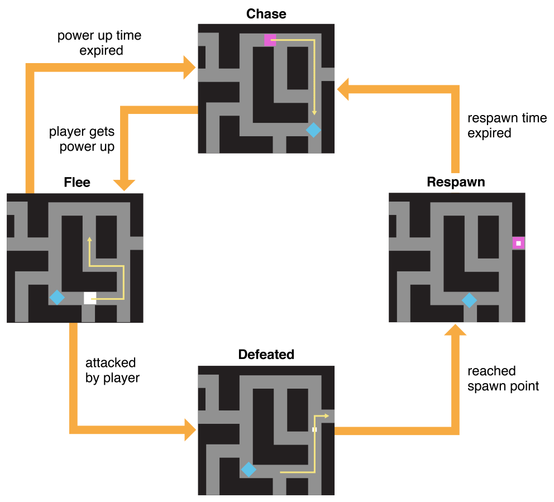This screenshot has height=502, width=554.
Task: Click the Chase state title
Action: [x=266, y=13]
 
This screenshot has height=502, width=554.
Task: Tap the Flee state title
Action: [x=78, y=182]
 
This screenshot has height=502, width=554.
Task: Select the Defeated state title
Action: [x=266, y=355]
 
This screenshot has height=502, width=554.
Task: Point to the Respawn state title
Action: [x=456, y=182]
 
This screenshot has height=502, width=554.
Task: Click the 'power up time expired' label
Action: [x=99, y=43]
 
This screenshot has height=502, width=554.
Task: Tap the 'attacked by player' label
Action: [x=112, y=370]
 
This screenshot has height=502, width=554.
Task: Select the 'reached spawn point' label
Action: [x=503, y=379]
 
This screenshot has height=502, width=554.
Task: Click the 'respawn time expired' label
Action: [x=507, y=126]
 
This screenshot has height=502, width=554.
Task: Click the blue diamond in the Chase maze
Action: [x=314, y=130]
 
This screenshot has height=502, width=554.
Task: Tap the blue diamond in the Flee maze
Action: [x=56, y=298]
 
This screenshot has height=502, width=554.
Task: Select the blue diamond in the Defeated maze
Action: [x=249, y=469]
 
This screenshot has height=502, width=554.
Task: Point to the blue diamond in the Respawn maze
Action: [x=469, y=300]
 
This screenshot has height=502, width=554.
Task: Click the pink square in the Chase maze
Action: [x=270, y=40]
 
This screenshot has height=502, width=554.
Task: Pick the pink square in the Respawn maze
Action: [x=518, y=243]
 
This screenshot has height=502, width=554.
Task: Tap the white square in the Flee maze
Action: [x=89, y=298]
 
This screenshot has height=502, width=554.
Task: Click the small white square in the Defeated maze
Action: [x=314, y=429]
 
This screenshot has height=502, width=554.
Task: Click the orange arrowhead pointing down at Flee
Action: [x=124, y=184]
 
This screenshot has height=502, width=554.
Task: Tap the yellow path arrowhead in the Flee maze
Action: [x=89, y=240]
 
